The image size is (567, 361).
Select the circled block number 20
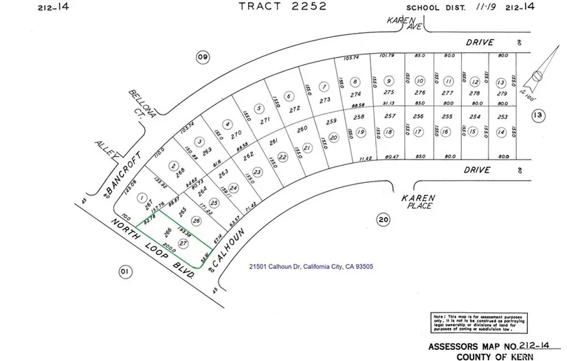click(383, 219)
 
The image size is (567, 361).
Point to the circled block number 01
click(124, 272)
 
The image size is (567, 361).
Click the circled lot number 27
click(183, 244)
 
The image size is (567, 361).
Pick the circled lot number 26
click(197, 221)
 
